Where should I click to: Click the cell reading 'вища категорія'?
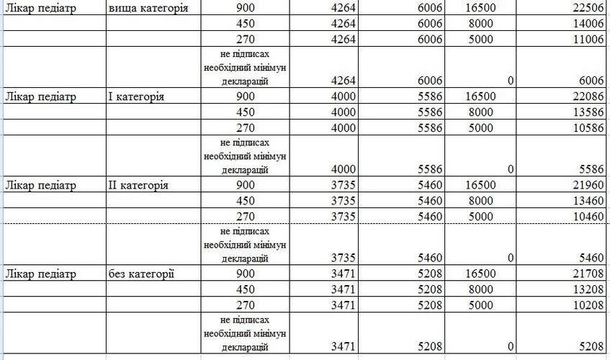[148, 9]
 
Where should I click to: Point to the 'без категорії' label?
[141, 274]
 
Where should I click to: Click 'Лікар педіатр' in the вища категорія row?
[40, 9]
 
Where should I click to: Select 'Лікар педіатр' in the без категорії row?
[40, 274]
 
